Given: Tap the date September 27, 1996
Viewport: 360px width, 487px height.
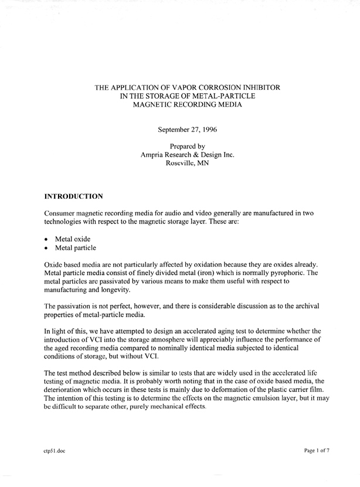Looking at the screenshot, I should pyautogui.click(x=188, y=129).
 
